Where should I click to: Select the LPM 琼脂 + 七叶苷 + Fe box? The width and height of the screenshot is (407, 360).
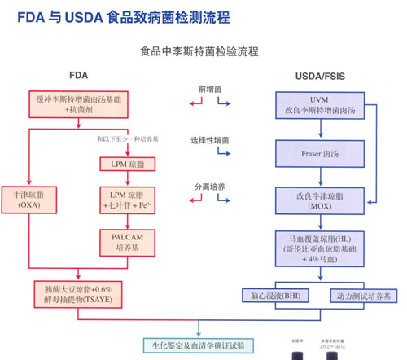pyautogui.click(x=126, y=200)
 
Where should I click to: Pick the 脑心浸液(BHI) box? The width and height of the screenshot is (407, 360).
pyautogui.click(x=279, y=295)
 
